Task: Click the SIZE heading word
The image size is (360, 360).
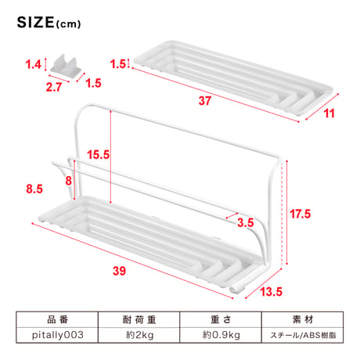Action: point(35,23)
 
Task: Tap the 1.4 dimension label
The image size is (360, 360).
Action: point(33,64)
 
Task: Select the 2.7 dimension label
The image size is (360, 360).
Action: point(54,87)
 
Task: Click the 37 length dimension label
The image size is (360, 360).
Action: point(204,101)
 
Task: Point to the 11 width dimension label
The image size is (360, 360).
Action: point(329,113)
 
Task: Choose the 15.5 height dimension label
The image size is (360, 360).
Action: point(98,154)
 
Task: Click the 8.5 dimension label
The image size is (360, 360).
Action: point(34,189)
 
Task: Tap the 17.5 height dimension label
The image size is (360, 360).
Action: point(300,214)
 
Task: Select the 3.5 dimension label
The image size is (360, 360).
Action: point(245,222)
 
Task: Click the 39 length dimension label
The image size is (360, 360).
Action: point(119,271)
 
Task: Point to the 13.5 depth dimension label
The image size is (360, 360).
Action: point(271,291)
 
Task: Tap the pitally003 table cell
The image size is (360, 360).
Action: point(57,335)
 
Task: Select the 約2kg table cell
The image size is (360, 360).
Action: point(139,335)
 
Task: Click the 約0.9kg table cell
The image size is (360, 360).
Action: point(221,335)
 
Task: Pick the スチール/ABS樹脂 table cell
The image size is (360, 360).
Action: point(303,335)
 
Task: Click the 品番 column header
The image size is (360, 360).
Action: point(57,319)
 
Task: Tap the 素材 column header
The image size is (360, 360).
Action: point(303,319)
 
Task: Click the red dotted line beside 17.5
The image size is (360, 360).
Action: point(282,214)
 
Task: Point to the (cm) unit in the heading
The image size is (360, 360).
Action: point(68,24)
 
